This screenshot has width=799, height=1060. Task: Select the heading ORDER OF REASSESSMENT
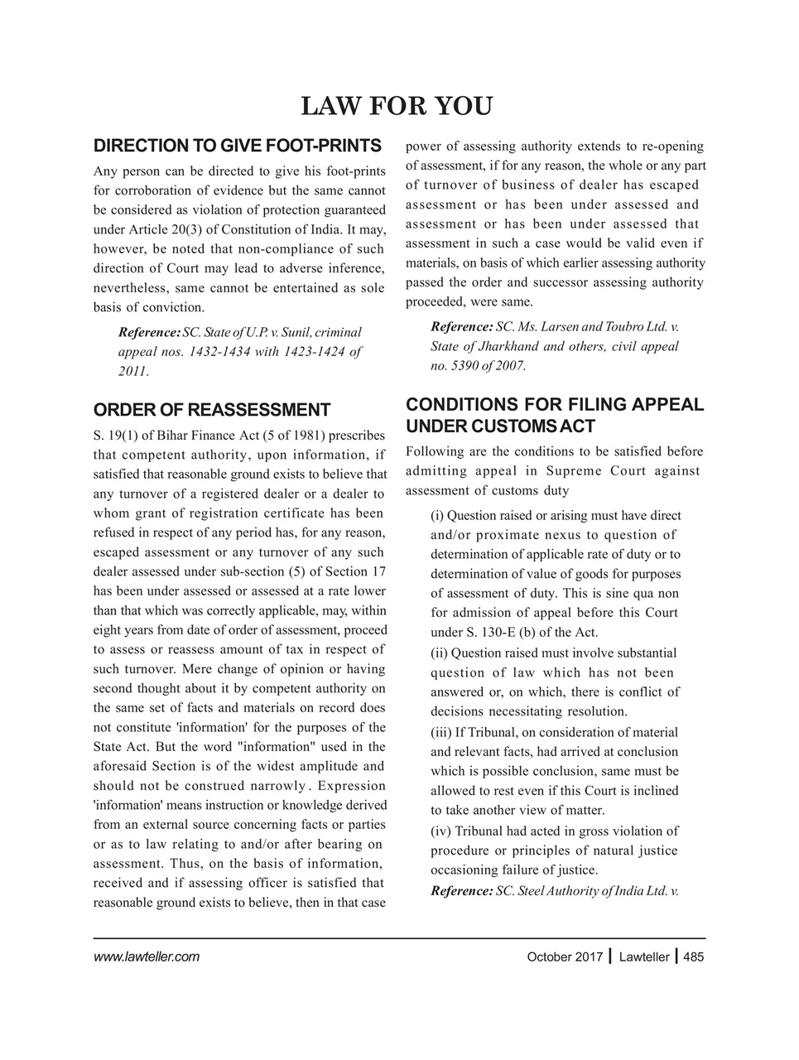pos(212,410)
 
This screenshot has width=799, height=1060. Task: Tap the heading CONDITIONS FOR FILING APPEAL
pos(554,405)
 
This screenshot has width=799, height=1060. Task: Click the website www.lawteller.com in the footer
pos(147,957)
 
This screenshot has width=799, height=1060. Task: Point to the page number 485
pos(694,957)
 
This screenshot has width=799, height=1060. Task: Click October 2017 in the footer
pos(565,957)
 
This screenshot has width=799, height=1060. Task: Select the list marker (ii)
pos(439,653)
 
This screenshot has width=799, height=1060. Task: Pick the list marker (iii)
pos(440,732)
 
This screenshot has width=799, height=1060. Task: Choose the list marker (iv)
pos(440,831)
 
